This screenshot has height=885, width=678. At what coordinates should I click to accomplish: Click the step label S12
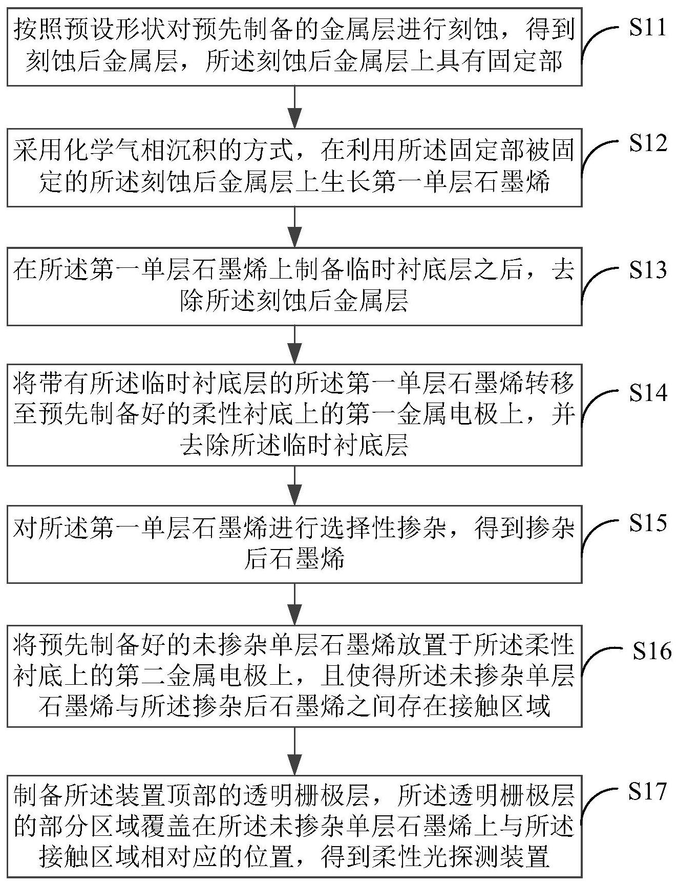pyautogui.click(x=648, y=144)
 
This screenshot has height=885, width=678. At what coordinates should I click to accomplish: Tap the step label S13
pyautogui.click(x=648, y=270)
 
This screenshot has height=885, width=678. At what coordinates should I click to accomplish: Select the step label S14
pyautogui.click(x=648, y=393)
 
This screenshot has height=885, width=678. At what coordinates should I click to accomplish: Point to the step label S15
pyautogui.click(x=648, y=523)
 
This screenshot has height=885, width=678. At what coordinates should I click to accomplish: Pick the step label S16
pyautogui.click(x=651, y=651)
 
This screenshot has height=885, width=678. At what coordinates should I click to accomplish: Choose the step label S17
pyautogui.click(x=648, y=791)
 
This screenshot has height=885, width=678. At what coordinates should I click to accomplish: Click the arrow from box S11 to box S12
pyautogui.click(x=294, y=107)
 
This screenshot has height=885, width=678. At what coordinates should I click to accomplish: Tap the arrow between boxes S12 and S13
pyautogui.click(x=294, y=227)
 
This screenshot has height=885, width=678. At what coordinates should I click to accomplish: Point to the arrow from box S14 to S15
pyautogui.click(x=294, y=486)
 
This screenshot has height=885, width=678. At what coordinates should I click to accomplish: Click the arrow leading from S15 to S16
pyautogui.click(x=294, y=604)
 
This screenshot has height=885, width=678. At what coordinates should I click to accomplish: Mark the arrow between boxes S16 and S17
pyautogui.click(x=294, y=751)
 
